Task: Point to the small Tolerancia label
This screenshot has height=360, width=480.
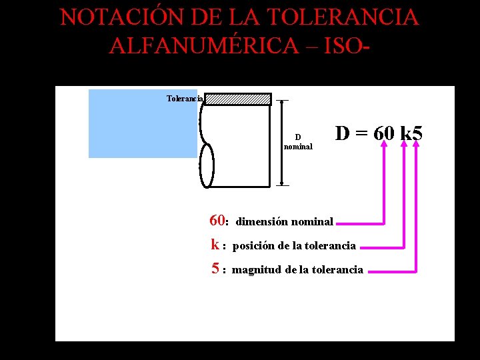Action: (185, 99)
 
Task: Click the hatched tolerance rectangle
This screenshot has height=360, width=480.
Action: (237, 99)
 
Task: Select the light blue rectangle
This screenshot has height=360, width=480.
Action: (143, 123)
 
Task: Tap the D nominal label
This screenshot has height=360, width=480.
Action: (298, 142)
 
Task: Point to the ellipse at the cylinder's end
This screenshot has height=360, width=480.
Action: (207, 165)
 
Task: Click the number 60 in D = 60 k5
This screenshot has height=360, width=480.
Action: (383, 133)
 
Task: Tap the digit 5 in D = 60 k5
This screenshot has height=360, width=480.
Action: (417, 133)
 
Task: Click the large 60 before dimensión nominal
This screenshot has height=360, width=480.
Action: (217, 221)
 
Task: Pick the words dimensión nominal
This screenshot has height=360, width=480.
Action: (285, 221)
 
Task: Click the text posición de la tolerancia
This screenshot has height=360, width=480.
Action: (294, 245)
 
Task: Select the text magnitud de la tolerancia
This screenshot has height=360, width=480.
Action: (297, 269)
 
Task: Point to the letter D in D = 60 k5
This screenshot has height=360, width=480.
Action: (343, 133)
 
